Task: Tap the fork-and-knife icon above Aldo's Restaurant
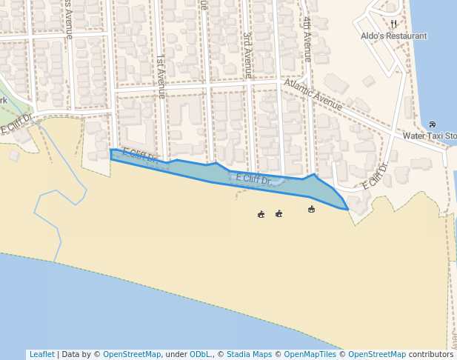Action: [x=393, y=24]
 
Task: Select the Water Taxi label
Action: [x=429, y=136]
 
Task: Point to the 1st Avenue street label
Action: [x=160, y=76]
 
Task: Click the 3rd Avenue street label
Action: [x=247, y=54]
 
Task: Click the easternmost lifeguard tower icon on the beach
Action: [x=311, y=210]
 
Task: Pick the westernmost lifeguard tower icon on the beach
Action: [x=261, y=215]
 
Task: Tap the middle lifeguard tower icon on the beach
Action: [x=278, y=214]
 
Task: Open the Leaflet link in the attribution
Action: [x=41, y=354]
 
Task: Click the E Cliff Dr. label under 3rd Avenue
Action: [x=253, y=179]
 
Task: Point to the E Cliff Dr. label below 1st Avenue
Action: [x=141, y=156]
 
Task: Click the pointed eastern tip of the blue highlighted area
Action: [x=348, y=210]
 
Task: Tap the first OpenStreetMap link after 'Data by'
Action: [x=132, y=354]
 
